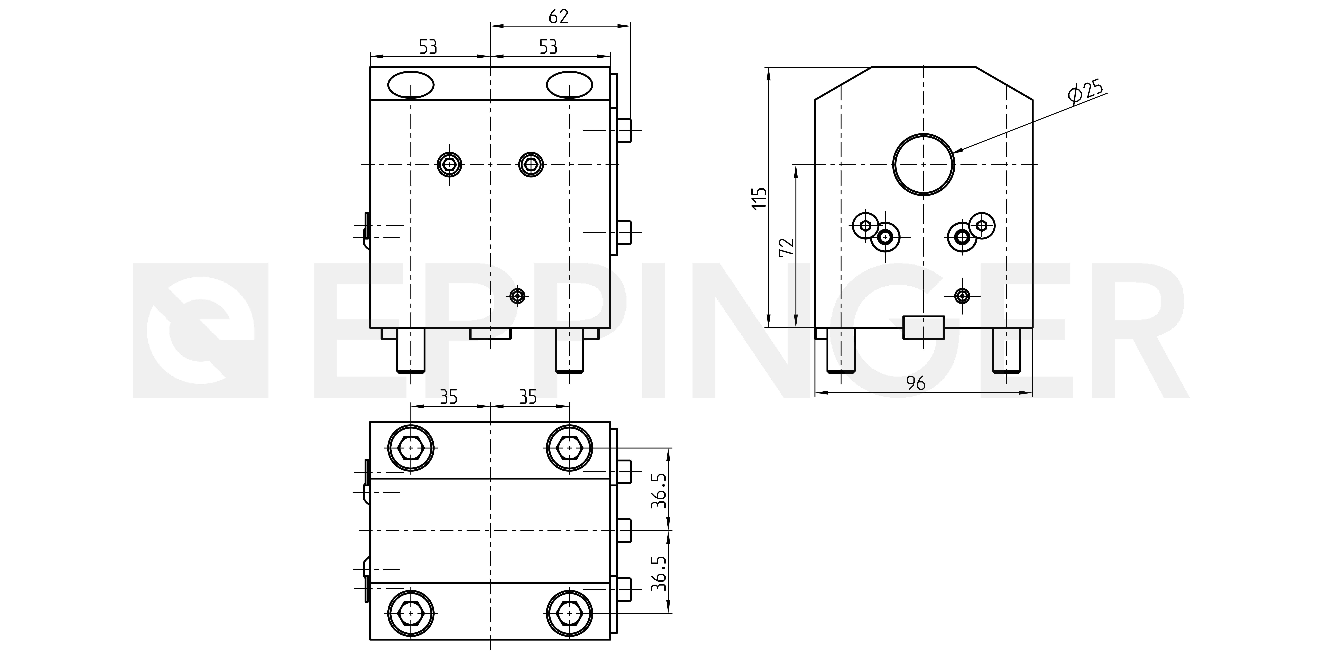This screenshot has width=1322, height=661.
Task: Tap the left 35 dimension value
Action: click(449, 397)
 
